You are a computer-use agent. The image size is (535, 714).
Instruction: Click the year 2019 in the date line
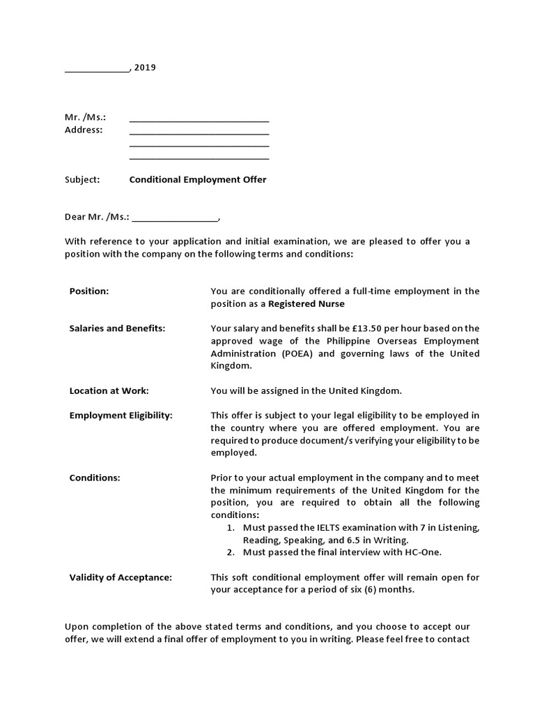tap(145, 68)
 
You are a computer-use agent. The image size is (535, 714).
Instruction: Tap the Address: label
tap(84, 130)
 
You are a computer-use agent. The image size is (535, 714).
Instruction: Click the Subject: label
tap(82, 180)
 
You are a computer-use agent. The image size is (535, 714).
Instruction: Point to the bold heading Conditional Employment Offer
tap(198, 180)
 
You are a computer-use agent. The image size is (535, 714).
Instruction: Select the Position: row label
tap(89, 291)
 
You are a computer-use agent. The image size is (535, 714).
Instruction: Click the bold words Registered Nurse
tap(307, 304)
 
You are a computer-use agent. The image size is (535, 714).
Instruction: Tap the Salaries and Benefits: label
tap(117, 328)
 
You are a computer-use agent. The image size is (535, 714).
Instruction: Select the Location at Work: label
tap(109, 391)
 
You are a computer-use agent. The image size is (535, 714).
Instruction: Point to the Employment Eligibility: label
tap(121, 416)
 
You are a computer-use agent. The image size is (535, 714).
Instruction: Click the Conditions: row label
tap(95, 478)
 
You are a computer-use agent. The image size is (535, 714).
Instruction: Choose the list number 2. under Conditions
tap(231, 552)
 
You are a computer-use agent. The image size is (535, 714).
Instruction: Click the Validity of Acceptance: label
tap(121, 577)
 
